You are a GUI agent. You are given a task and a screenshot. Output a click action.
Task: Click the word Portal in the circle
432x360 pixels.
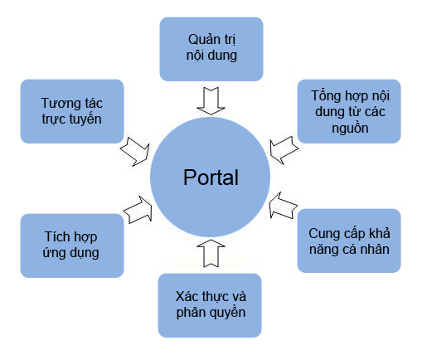[x=211, y=178]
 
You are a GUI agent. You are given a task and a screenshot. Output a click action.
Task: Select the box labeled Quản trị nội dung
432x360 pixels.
[x=211, y=49]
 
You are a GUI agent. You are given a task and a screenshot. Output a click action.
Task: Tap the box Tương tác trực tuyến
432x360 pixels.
[x=72, y=111]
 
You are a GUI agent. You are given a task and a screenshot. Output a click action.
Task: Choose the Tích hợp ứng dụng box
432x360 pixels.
[x=72, y=246]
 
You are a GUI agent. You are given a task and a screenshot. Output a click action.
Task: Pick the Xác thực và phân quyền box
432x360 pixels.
[x=210, y=305]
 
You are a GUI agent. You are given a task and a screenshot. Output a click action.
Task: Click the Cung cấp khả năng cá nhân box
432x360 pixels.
[x=349, y=241]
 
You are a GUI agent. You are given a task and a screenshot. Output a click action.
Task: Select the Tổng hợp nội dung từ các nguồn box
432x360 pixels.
[x=349, y=111]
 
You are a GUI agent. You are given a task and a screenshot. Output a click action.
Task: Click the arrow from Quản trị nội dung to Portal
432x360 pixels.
[x=211, y=101]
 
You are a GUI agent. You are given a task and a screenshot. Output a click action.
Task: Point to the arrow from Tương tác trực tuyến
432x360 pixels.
[x=135, y=151]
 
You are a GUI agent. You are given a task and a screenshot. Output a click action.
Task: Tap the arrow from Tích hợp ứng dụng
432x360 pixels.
[x=138, y=210]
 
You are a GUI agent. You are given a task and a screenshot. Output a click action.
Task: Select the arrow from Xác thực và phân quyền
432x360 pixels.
[x=211, y=253]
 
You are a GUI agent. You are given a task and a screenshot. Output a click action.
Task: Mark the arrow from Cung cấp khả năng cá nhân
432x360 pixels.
[x=283, y=206]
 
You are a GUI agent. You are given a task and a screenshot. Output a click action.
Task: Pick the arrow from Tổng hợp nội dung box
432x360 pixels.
[x=284, y=150]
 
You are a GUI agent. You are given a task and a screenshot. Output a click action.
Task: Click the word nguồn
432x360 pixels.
[x=350, y=129]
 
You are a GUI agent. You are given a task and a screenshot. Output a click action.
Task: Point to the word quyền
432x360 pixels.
[x=228, y=313]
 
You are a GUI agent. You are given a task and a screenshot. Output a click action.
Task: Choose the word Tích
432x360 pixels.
[x=57, y=236]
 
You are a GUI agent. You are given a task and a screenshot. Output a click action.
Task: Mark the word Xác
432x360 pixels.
[x=187, y=296]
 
